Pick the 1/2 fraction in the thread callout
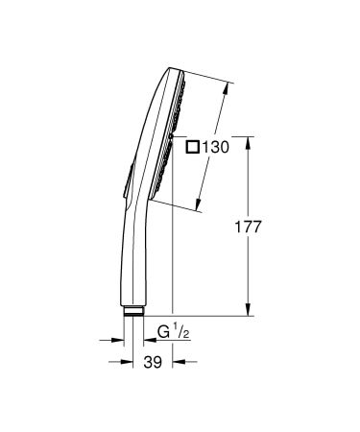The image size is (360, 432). pos(183,332)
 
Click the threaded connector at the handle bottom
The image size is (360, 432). pos(133,311)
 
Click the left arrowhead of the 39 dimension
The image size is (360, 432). pos(123,361)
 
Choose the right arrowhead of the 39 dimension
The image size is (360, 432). pos(175,361)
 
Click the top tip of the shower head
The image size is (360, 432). pos(170,70)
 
